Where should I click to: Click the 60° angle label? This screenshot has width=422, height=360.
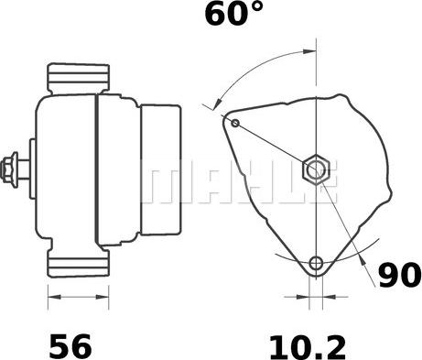(x=233, y=13)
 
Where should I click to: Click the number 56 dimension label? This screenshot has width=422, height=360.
(x=70, y=346)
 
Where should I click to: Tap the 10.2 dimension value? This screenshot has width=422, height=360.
(x=308, y=347)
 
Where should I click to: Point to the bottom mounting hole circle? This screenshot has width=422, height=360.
(x=316, y=263)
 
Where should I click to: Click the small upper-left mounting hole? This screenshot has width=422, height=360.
(x=235, y=123)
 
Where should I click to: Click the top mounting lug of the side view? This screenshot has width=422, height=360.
(x=79, y=78)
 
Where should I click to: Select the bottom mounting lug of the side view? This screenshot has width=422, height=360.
(x=79, y=263)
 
